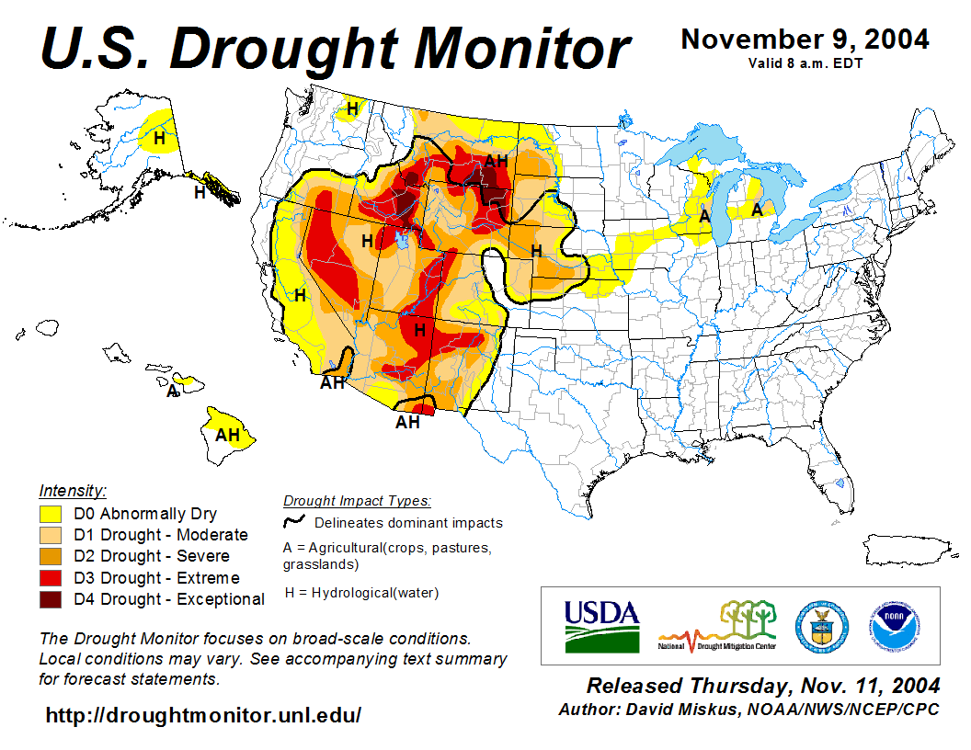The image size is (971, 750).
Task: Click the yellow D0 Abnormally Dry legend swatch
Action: pos(51,514)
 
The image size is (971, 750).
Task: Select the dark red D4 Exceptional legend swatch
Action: pos(51,599)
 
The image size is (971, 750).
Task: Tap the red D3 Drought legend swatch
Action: pos(51,578)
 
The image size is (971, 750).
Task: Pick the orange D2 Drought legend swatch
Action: pos(51,556)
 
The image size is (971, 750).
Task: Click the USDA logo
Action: pos(601,626)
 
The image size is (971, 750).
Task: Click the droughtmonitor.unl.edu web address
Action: pos(203,715)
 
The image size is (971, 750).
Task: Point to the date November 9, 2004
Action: pos(804,40)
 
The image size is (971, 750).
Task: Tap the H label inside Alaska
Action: pos(160,139)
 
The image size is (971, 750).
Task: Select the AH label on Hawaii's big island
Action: pos(227,435)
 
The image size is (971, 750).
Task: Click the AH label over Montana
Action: pos(496,162)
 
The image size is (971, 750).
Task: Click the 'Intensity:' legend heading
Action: pos(73,490)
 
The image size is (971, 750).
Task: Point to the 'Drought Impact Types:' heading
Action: pos(357,501)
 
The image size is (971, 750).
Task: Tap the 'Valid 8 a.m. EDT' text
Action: pos(805,63)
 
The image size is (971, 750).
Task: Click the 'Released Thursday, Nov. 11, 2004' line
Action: pos(763,686)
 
